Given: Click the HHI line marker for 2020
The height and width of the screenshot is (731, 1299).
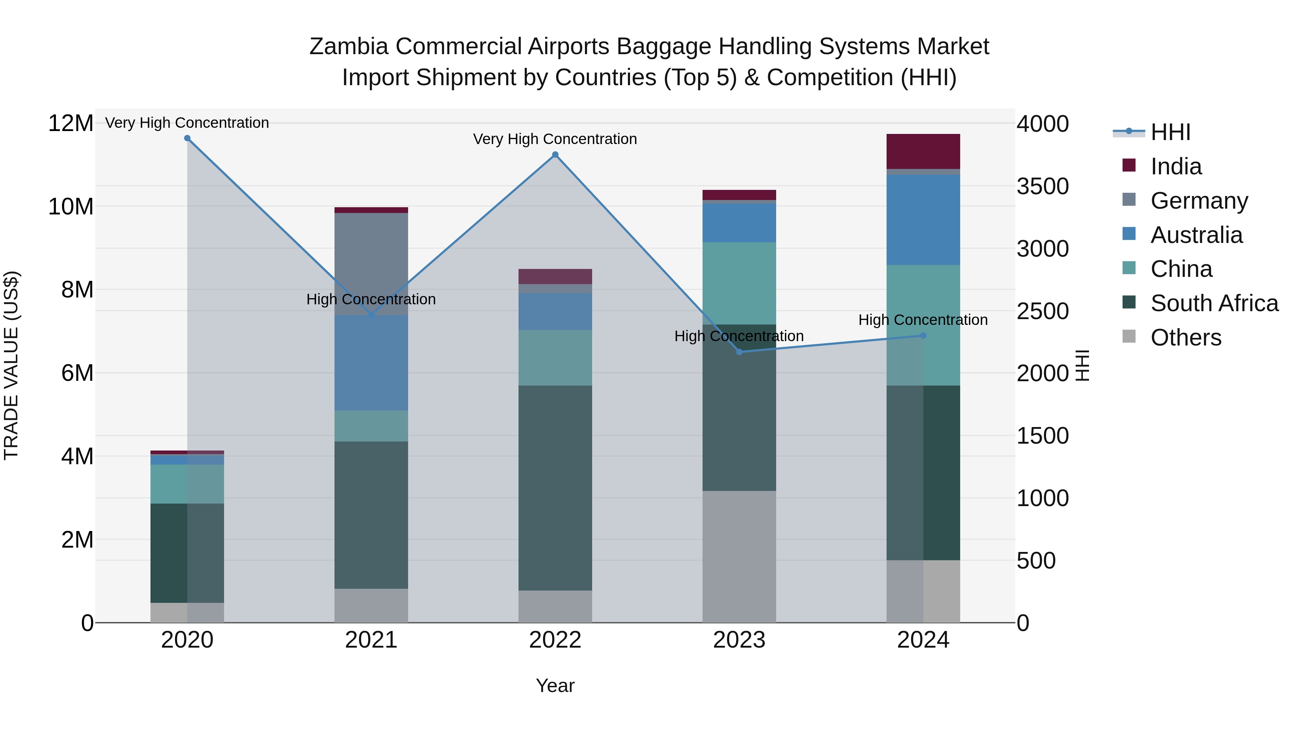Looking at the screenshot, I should click(x=187, y=138).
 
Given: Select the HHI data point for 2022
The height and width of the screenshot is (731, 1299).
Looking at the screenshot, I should click(x=555, y=155).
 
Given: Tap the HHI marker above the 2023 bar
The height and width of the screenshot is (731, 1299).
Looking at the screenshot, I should click(x=739, y=352).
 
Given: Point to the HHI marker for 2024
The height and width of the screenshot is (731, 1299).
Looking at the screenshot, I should click(x=923, y=335).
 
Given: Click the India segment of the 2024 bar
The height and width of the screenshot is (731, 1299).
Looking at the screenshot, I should click(x=923, y=151).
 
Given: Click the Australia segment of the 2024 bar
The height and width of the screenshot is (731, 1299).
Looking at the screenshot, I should click(x=923, y=220).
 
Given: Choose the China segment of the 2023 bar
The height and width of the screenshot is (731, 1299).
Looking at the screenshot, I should click(x=739, y=283).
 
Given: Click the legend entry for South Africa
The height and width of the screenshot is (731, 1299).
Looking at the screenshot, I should click(x=1214, y=303).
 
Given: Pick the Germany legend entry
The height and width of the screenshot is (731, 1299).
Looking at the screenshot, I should click(x=1199, y=201).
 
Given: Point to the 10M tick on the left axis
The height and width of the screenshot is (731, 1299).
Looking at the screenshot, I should click(x=71, y=207).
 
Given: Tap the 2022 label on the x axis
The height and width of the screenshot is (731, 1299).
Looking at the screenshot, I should click(x=555, y=640).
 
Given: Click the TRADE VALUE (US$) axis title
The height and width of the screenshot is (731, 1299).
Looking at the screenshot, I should click(x=11, y=365).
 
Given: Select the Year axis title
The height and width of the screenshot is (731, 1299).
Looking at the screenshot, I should click(x=555, y=686).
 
